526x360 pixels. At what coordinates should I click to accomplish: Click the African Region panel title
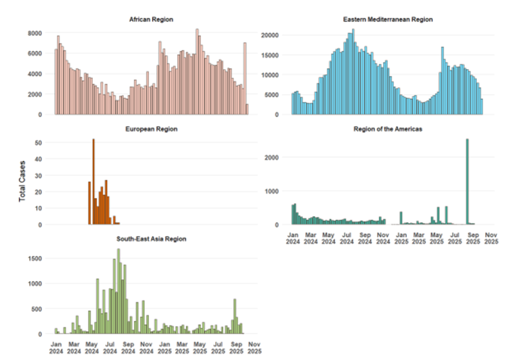(151, 20)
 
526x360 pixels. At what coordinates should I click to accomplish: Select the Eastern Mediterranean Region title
(387, 20)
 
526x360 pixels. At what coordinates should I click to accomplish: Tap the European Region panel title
(151, 129)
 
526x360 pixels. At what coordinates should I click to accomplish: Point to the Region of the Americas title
(387, 129)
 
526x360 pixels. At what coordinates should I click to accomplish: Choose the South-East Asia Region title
(151, 239)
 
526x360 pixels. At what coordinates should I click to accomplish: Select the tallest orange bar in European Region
(94, 182)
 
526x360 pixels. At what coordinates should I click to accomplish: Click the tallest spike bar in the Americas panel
(468, 182)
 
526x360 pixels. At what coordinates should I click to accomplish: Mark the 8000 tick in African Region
(34, 33)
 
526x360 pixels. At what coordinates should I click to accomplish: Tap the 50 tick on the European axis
(38, 143)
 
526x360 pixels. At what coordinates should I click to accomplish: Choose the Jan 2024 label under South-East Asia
(56, 348)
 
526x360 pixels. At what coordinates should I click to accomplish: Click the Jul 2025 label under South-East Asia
(218, 348)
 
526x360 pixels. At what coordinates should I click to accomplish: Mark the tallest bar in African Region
(198, 72)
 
